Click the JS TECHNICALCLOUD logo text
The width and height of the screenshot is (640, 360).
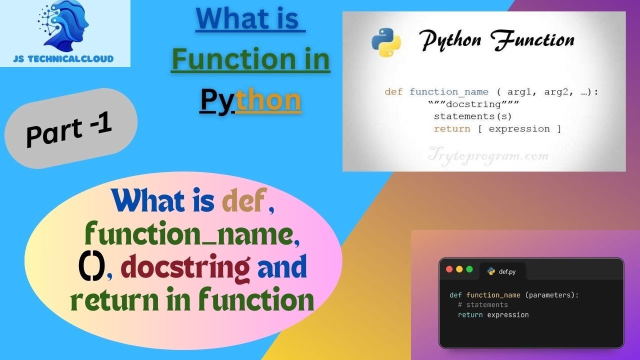click(63, 58)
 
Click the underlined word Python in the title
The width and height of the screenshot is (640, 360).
click(250, 100)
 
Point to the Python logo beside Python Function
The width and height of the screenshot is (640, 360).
click(386, 42)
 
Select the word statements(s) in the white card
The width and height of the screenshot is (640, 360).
click(472, 116)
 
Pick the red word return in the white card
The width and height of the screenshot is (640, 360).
click(451, 129)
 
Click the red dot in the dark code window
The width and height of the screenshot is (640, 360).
click(448, 269)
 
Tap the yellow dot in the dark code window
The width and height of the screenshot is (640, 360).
click(459, 269)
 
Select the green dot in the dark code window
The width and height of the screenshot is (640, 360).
click(469, 269)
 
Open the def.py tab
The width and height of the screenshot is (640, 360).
click(504, 271)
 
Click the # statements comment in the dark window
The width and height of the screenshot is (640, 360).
click(482, 305)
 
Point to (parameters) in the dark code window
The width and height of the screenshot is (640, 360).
click(551, 295)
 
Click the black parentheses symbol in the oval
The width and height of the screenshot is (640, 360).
click(91, 268)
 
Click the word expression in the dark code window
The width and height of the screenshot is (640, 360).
click(507, 315)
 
